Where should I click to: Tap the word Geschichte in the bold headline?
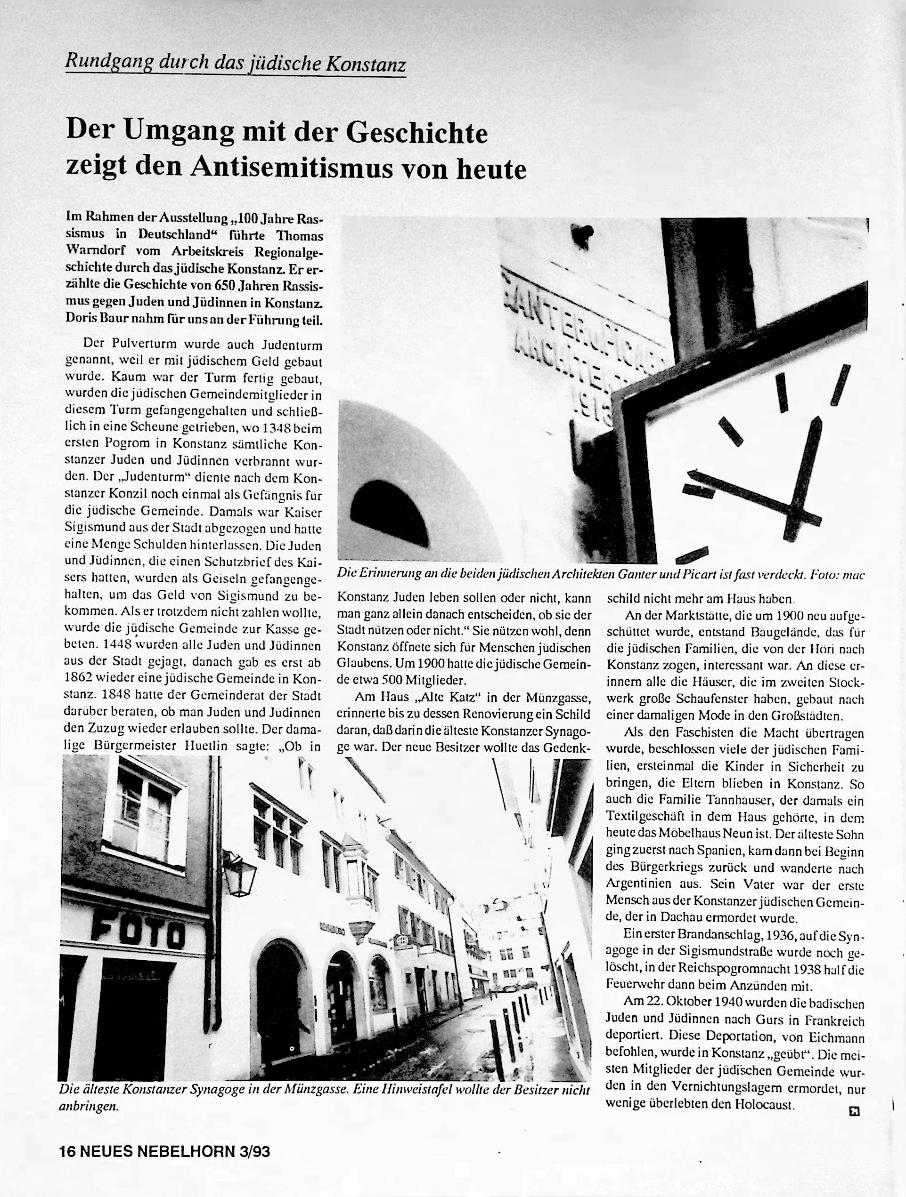coord(416,133)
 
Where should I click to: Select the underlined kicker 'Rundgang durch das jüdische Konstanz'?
coord(235,64)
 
